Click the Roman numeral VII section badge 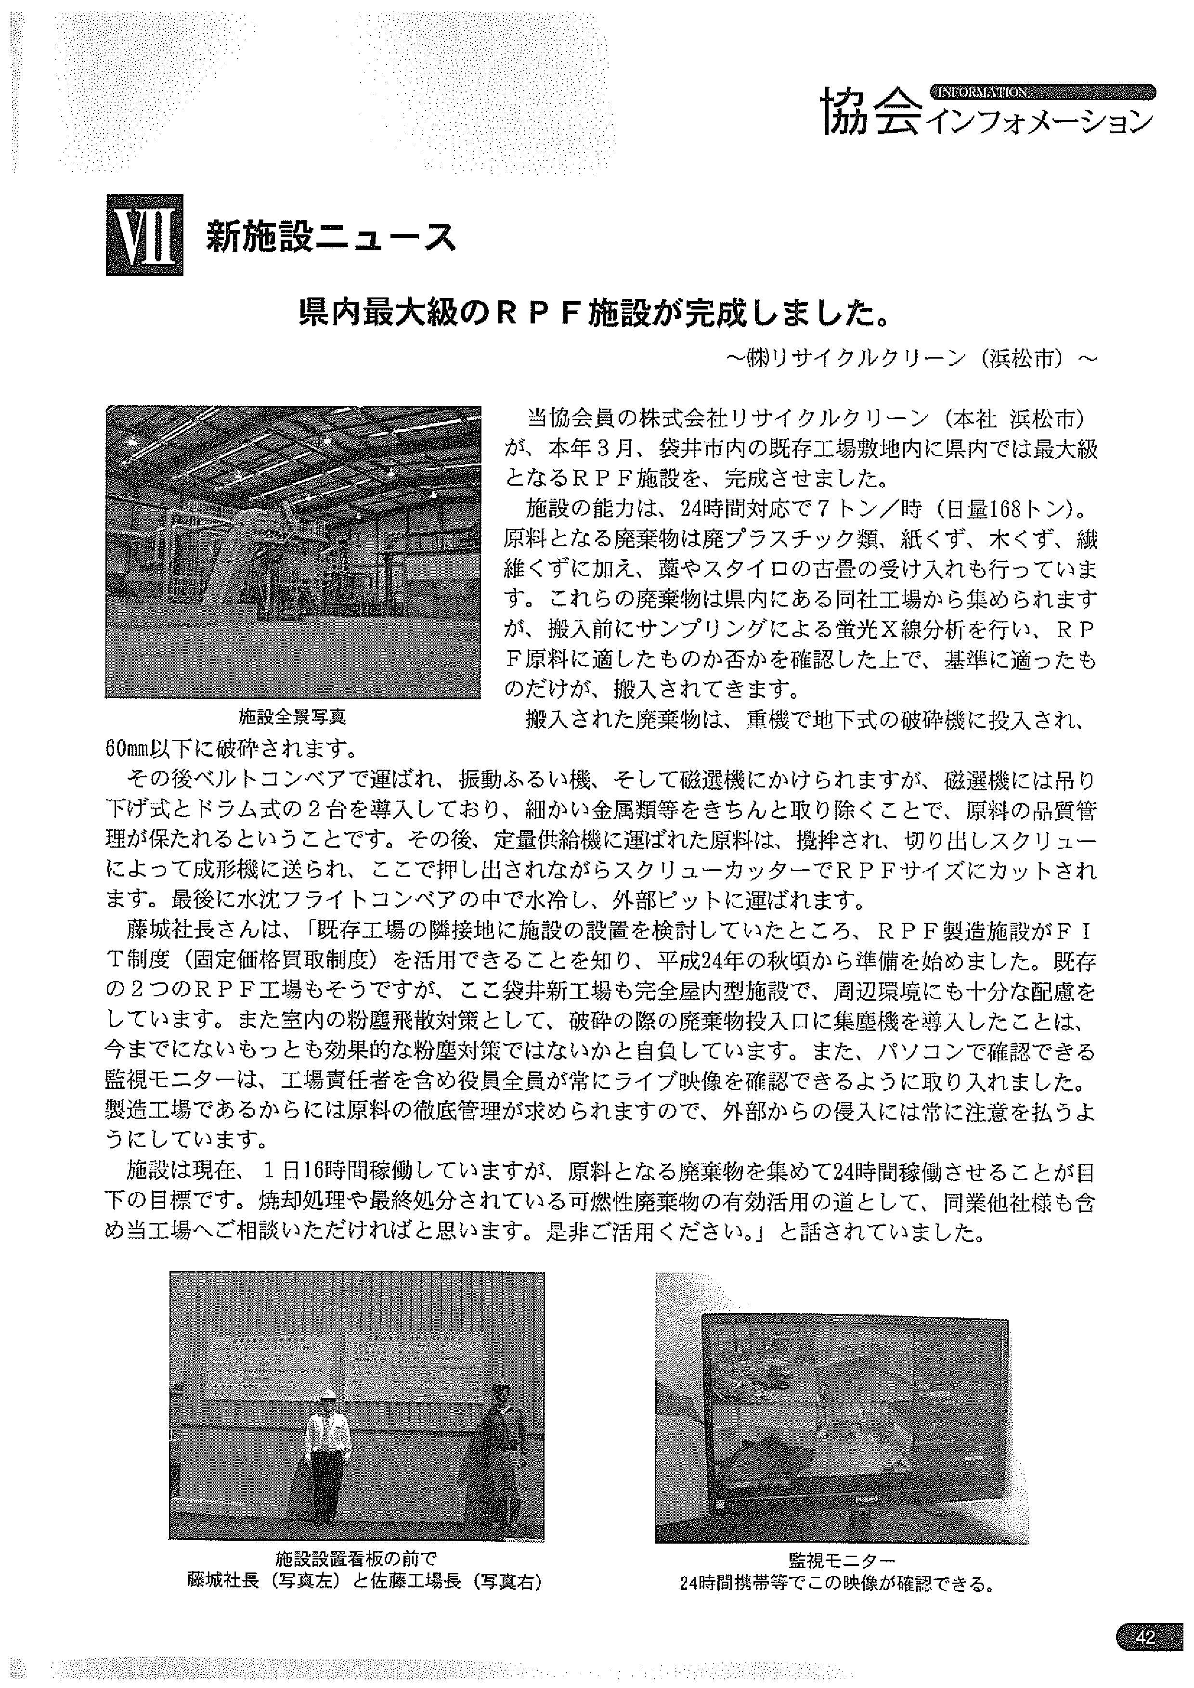coord(144,234)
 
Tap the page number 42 coord(1145,1631)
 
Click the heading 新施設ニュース coord(330,237)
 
